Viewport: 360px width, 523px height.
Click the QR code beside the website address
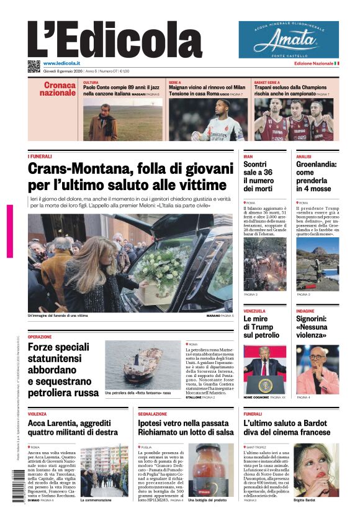pyautogui.click(x=34, y=65)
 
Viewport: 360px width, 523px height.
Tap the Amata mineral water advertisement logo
pyautogui.click(x=289, y=39)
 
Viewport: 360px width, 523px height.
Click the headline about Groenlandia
pyautogui.click(x=316, y=176)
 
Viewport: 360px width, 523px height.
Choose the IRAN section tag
pyautogui.click(x=248, y=157)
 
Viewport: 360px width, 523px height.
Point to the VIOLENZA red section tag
pyautogui.click(x=37, y=413)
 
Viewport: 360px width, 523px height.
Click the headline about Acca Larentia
pyautogui.click(x=73, y=427)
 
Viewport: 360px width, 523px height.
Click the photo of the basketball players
pyautogui.click(x=294, y=119)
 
